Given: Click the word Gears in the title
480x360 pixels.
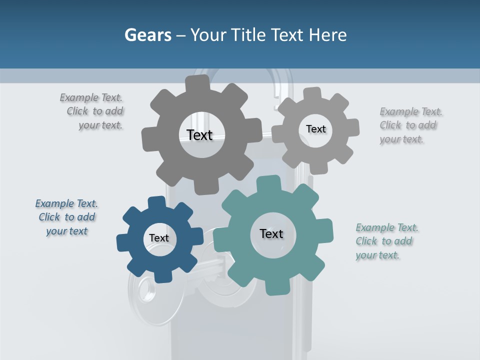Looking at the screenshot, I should [147, 35].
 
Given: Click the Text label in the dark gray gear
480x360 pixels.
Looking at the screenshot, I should [199, 135].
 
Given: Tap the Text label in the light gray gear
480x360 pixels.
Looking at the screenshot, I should [315, 129].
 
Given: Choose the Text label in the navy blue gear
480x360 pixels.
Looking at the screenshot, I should [158, 238].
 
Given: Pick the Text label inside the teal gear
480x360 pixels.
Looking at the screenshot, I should [271, 233].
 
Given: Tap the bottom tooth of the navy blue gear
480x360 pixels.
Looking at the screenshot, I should [160, 276].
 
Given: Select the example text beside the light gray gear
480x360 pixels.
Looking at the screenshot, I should [410, 125].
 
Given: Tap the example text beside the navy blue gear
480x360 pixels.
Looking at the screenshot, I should [66, 217].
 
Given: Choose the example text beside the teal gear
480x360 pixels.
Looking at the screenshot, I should [386, 241].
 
